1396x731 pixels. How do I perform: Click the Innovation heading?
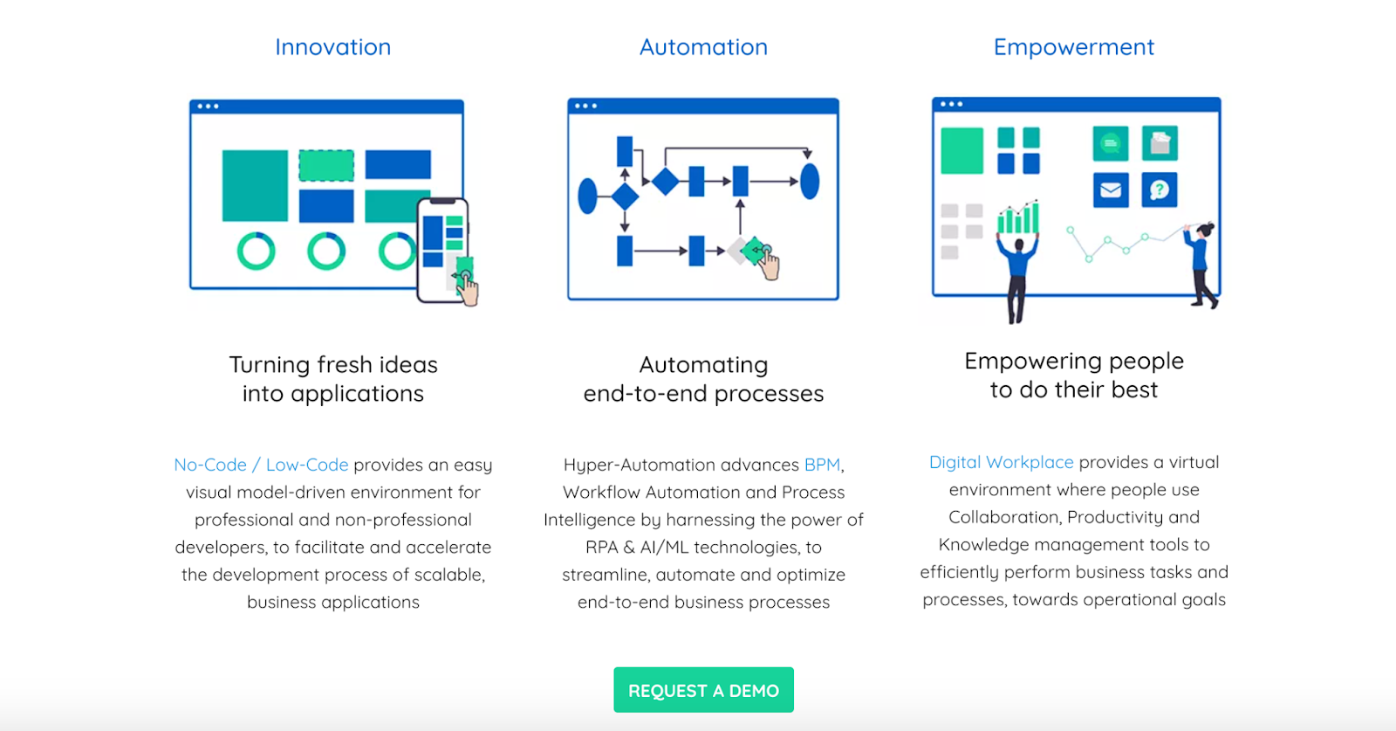tap(332, 47)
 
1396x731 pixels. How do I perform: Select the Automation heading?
tap(703, 47)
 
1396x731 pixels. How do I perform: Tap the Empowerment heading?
tap(1073, 47)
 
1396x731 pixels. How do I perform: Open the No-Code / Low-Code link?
tap(261, 465)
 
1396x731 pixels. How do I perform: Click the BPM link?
tap(822, 465)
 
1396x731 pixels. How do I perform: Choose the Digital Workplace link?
tap(1001, 462)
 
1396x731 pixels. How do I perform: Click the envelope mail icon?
tap(1111, 190)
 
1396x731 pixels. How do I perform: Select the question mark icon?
tap(1160, 190)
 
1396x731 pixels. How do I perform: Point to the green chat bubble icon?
tap(1111, 143)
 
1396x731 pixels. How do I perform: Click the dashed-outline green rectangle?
tap(326, 165)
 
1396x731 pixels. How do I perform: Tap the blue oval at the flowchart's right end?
tap(810, 182)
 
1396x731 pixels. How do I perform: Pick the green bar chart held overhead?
tap(1018, 217)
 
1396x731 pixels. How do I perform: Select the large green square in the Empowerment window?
tap(961, 150)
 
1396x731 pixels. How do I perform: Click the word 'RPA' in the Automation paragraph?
tap(601, 548)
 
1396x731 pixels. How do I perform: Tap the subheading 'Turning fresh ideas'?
tap(333, 365)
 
